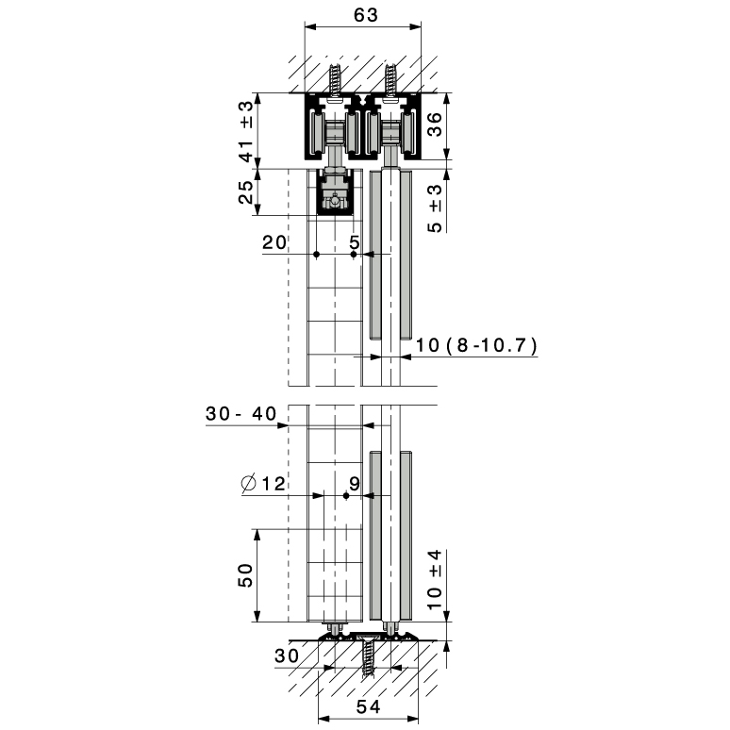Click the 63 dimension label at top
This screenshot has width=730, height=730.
point(366,15)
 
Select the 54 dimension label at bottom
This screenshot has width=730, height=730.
point(368,706)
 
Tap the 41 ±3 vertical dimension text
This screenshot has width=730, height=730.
point(246,131)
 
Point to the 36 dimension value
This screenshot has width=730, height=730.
point(435,124)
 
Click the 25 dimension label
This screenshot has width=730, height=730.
point(246,191)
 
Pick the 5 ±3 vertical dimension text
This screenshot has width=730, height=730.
point(435,208)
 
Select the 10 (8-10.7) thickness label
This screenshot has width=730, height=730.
point(476,345)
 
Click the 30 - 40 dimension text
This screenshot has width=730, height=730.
point(241,413)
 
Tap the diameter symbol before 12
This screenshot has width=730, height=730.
point(249,484)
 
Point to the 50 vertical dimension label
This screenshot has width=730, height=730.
point(246,575)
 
